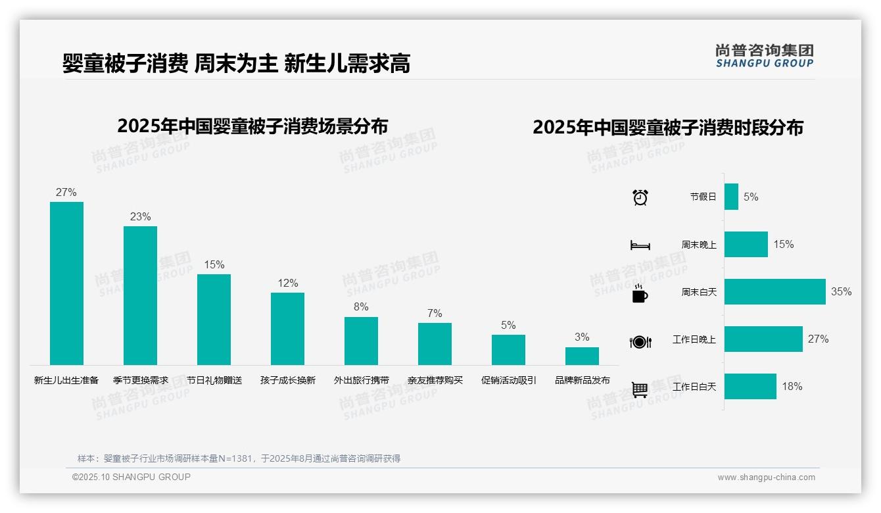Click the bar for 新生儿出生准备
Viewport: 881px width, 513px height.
point(66,283)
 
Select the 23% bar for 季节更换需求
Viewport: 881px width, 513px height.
point(140,295)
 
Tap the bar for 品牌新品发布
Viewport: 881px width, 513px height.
point(582,356)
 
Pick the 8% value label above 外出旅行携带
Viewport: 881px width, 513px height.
point(361,307)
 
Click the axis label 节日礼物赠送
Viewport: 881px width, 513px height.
point(214,380)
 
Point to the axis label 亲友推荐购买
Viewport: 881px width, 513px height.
point(435,380)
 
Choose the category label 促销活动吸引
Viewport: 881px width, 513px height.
point(509,380)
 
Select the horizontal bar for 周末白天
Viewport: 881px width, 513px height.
point(774,291)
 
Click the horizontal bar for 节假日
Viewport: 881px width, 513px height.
point(731,197)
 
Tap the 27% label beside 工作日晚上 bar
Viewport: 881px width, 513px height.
point(818,339)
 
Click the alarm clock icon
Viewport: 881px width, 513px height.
point(640,197)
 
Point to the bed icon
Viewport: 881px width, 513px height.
point(640,245)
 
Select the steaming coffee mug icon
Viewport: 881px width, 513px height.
point(640,293)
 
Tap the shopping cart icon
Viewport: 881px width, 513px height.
point(640,389)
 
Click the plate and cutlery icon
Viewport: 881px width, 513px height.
point(640,342)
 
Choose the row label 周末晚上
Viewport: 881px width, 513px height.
point(699,245)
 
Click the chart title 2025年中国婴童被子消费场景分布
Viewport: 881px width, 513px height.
point(252,126)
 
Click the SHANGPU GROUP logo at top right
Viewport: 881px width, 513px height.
point(765,56)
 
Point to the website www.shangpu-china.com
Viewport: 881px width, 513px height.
point(766,477)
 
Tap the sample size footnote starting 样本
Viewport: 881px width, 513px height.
point(239,458)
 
